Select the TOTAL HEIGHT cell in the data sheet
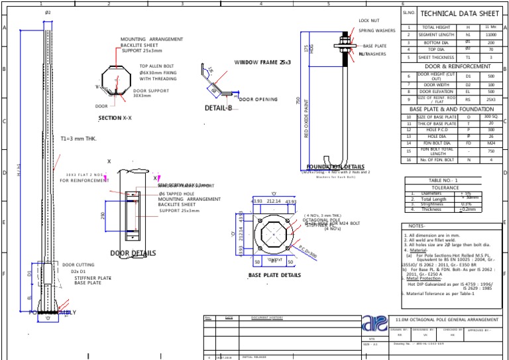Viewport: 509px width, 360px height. click(437, 27)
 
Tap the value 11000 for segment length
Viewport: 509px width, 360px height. click(491, 34)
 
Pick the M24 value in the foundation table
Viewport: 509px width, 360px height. click(491, 142)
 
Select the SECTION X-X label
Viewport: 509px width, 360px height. click(115, 117)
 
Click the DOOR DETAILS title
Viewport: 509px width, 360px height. click(133, 253)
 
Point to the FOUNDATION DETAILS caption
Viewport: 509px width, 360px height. click(335, 167)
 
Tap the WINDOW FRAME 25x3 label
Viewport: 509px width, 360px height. click(262, 62)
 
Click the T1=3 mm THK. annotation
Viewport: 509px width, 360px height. click(79, 139)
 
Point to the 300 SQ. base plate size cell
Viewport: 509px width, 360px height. click(491, 117)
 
